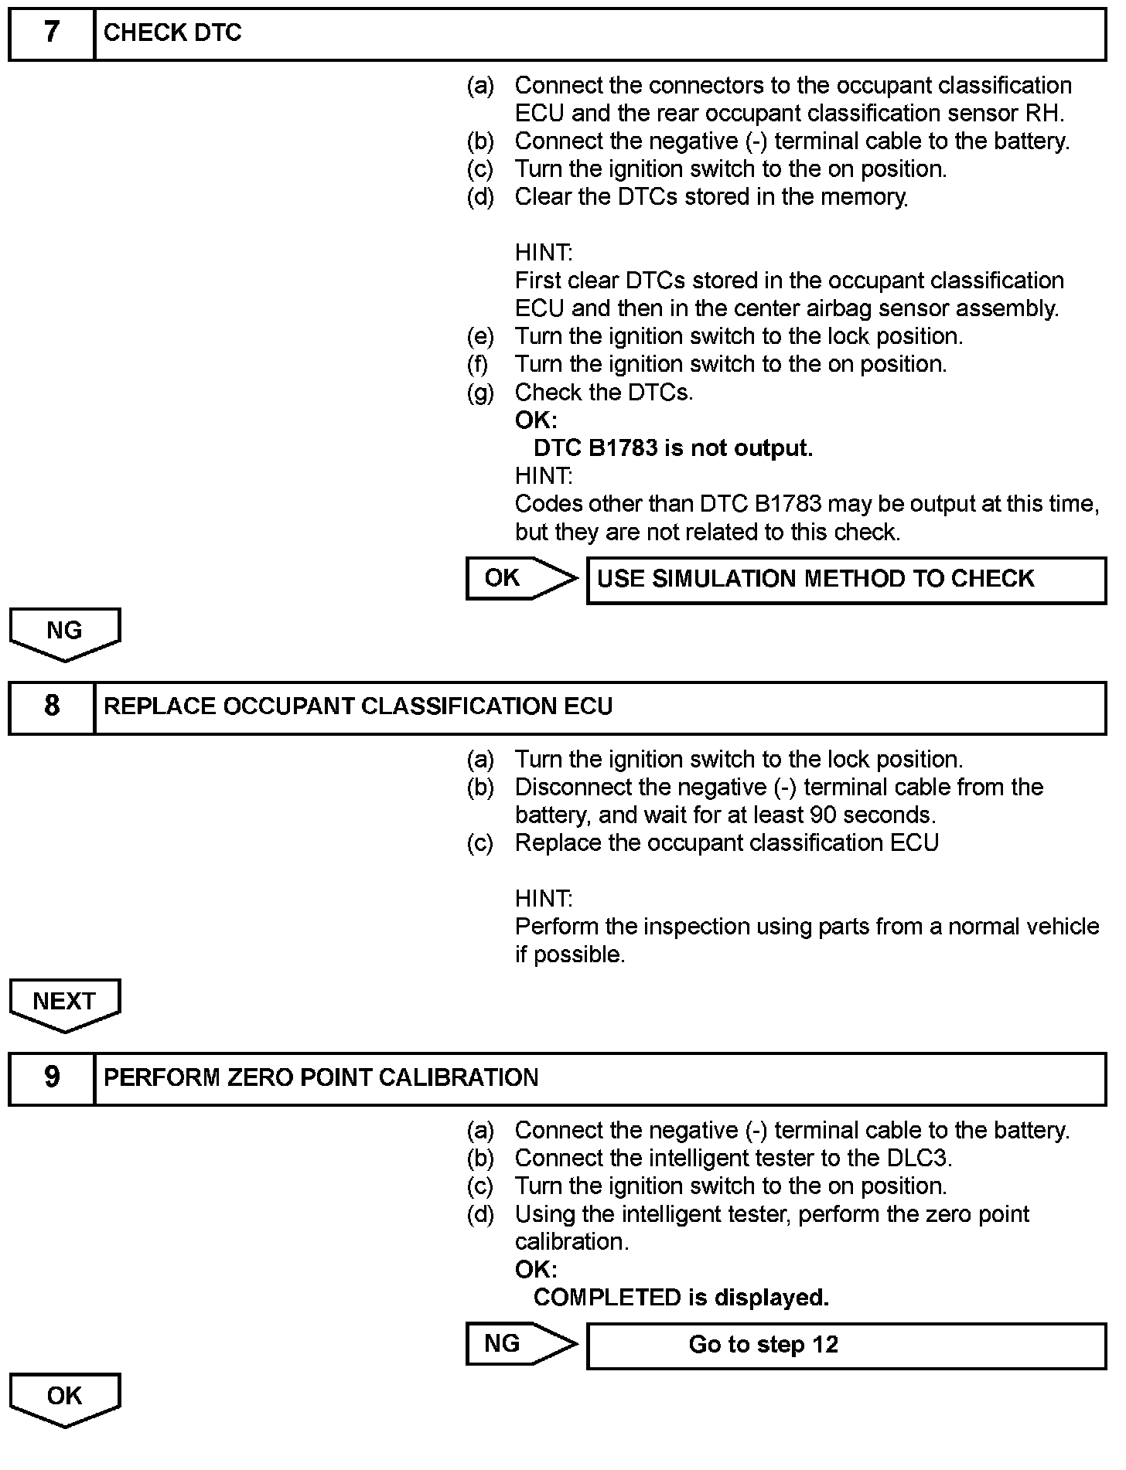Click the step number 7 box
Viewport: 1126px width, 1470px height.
point(51,33)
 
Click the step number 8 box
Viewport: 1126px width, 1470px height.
point(51,706)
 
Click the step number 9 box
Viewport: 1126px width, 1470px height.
point(51,1077)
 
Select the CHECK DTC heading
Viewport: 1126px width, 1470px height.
point(172,33)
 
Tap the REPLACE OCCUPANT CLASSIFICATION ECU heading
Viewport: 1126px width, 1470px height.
point(357,706)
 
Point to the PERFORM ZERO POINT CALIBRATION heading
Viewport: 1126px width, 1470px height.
point(321,1077)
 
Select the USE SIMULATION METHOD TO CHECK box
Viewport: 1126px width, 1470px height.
point(846,580)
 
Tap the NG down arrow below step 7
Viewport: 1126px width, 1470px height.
point(65,633)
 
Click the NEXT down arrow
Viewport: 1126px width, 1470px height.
point(65,1004)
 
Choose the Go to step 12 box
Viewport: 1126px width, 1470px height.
point(846,1345)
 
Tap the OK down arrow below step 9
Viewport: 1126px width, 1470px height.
point(65,1398)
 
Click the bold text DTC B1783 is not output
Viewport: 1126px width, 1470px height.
point(673,448)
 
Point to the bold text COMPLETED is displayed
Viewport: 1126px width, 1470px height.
point(681,1298)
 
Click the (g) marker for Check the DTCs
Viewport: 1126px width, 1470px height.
point(480,393)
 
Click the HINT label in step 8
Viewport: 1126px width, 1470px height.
point(544,899)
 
